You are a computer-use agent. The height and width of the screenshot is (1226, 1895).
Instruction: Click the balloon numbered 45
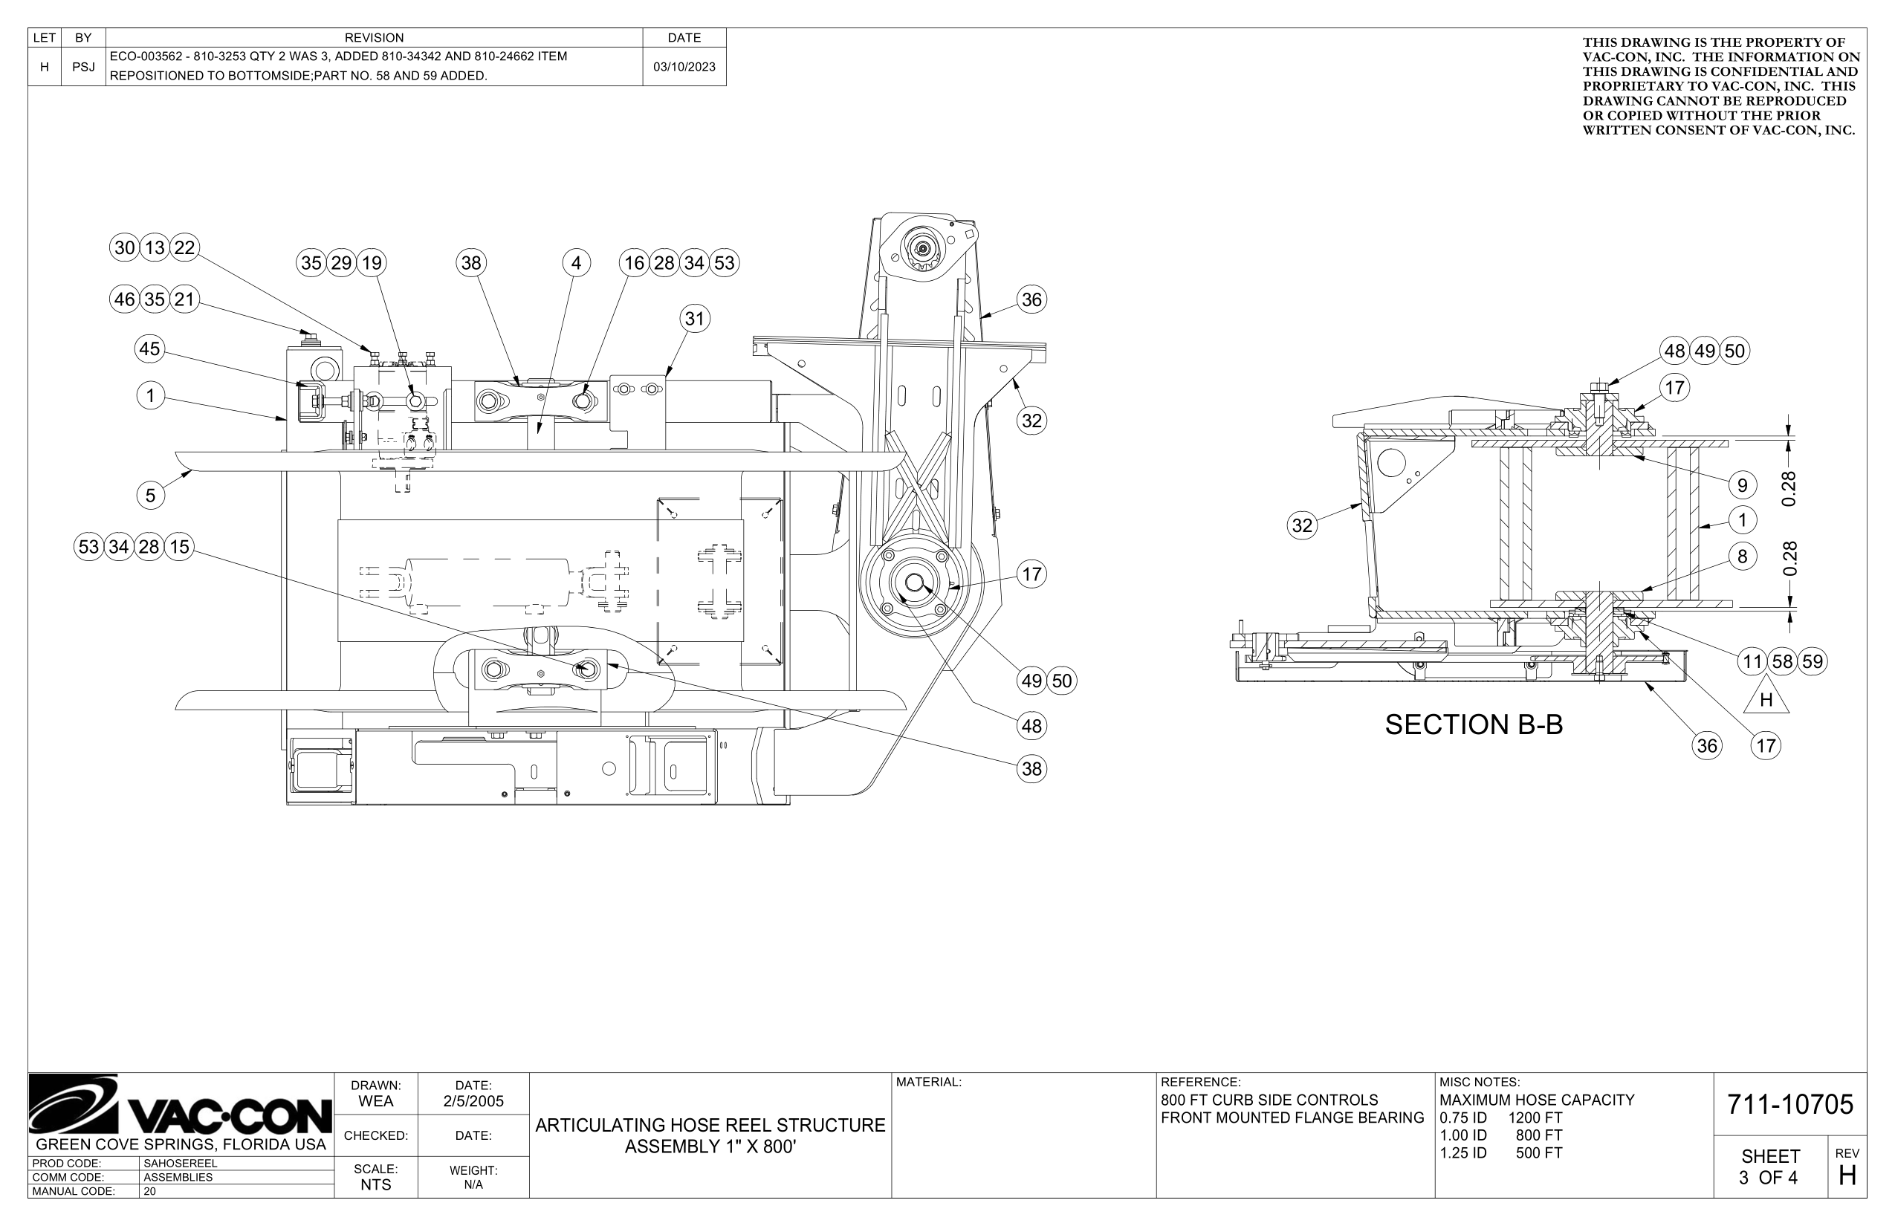pyautogui.click(x=149, y=348)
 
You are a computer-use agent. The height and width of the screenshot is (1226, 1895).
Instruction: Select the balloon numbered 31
pyautogui.click(x=694, y=320)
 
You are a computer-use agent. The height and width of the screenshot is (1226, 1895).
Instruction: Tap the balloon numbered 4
pyautogui.click(x=577, y=264)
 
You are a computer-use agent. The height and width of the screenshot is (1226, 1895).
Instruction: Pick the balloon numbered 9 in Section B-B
pyautogui.click(x=1742, y=484)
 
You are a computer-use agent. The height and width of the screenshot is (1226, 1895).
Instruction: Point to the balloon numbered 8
pyautogui.click(x=1742, y=557)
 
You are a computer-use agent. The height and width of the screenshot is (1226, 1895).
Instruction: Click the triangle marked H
pyautogui.click(x=1766, y=698)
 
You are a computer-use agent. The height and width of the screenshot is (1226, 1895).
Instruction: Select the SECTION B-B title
pyautogui.click(x=1473, y=725)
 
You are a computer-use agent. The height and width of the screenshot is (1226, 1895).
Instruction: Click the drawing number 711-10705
pyautogui.click(x=1790, y=1105)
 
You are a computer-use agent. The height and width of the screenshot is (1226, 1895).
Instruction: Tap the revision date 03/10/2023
pyautogui.click(x=684, y=67)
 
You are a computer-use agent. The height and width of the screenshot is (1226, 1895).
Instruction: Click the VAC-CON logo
pyautogui.click(x=180, y=1106)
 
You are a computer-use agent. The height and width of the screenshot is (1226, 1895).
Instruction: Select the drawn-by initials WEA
pyautogui.click(x=376, y=1102)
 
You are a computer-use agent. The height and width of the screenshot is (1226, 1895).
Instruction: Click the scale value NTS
pyautogui.click(x=376, y=1184)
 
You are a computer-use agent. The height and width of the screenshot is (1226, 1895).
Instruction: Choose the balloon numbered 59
pyautogui.click(x=1813, y=661)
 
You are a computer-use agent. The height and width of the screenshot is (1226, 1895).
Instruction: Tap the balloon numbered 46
pyautogui.click(x=124, y=300)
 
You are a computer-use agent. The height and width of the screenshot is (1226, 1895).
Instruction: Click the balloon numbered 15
pyautogui.click(x=180, y=547)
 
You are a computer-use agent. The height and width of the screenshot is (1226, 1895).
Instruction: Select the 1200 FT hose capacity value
pyautogui.click(x=1535, y=1118)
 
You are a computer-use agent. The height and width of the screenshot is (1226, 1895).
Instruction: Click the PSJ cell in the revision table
pyautogui.click(x=83, y=67)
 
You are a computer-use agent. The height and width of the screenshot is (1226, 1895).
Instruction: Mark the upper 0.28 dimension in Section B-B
pyautogui.click(x=1789, y=489)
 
